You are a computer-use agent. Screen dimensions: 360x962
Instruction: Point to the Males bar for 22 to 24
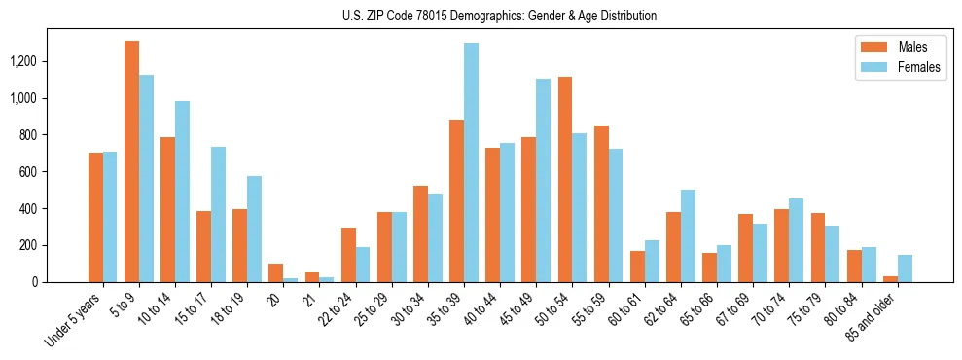[348, 255]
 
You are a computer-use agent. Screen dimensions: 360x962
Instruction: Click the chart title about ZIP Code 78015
[499, 16]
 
